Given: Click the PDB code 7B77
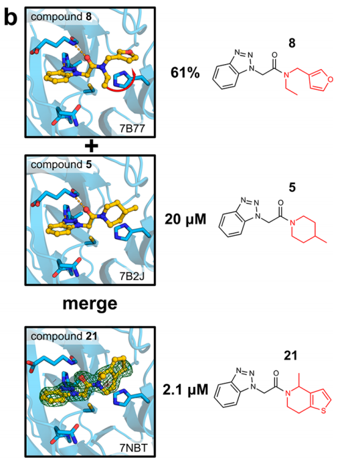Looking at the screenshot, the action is click(132, 128).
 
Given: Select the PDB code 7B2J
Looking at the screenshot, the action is click(132, 277).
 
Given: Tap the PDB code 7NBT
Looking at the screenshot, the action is click(133, 448).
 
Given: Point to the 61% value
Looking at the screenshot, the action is click(185, 72).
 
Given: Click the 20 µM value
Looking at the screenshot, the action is click(185, 220).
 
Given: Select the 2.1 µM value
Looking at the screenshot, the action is click(185, 390).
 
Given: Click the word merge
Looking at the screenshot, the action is click(90, 304).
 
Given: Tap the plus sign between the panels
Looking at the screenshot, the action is click(92, 146).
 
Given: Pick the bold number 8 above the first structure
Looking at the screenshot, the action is click(292, 44).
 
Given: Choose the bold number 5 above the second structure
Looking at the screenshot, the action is click(292, 187).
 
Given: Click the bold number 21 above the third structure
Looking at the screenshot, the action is click(290, 356).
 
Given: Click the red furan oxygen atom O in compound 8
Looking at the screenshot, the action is click(331, 79).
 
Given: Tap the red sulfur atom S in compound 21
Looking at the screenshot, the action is click(323, 410).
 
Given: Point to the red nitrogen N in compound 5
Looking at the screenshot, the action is click(292, 223).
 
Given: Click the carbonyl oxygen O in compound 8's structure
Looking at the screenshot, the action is click(274, 55).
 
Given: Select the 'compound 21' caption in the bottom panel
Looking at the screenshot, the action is click(64, 337).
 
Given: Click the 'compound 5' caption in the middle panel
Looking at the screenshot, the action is click(62, 165).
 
